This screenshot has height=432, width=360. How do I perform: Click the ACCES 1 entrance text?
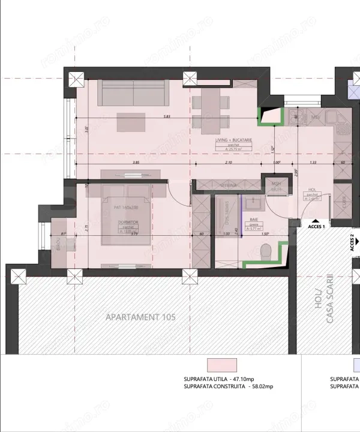pos(316,227)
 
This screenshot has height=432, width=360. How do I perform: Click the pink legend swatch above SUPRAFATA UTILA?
pos(221,365)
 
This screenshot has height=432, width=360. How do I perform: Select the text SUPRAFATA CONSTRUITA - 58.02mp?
pos(229,387)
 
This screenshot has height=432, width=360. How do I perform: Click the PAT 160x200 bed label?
pos(125,207)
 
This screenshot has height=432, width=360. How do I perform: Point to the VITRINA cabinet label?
pos(226,185)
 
